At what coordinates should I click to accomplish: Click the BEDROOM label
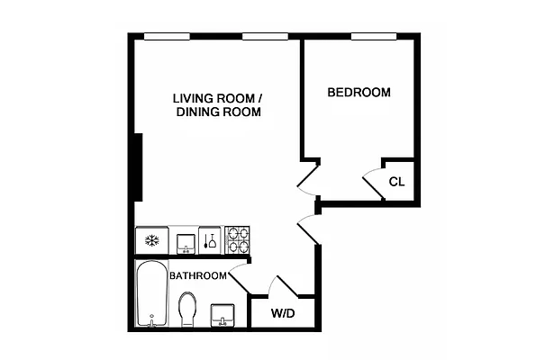pos(359,93)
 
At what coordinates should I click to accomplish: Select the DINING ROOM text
pos(219,113)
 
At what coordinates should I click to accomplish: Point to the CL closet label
pos(396,182)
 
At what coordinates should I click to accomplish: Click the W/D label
pos(283,314)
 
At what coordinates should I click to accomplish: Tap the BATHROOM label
pos(197,275)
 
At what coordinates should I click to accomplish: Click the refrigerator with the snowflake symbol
pos(151,240)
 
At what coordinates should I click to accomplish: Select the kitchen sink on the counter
pos(185,241)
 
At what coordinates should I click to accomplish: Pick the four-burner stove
pos(238,240)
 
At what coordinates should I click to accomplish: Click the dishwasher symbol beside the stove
pos(210,240)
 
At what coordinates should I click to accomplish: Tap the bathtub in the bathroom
pos(151,295)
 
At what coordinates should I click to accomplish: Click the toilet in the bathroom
pos(188,308)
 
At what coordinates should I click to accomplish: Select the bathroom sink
pos(223,315)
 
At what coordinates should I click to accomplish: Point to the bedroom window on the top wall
pos(375,36)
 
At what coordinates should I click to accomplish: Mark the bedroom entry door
pos(307,180)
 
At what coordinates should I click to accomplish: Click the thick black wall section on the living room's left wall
pos(139,167)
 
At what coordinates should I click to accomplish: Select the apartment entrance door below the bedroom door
pos(308,229)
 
